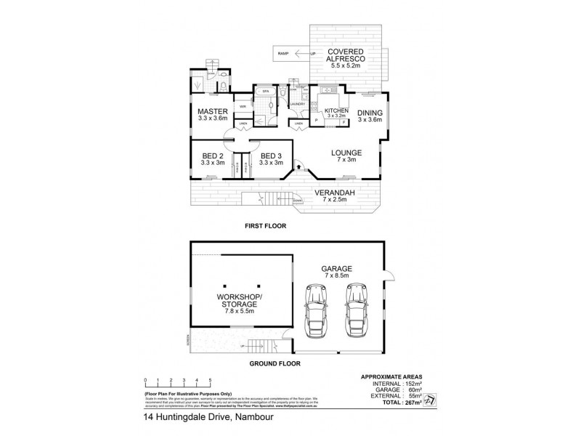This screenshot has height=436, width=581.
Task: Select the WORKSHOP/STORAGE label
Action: click(x=240, y=301)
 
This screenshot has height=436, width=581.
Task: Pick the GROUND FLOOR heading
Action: click(x=275, y=363)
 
